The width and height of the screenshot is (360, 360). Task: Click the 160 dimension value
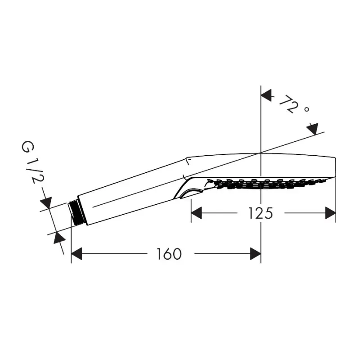pyautogui.click(x=169, y=254)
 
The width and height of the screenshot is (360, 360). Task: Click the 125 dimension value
pyautogui.click(x=261, y=213)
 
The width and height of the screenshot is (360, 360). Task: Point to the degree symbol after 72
pyautogui.click(x=306, y=109)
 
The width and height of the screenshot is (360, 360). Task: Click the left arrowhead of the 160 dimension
pyautogui.click(x=76, y=254)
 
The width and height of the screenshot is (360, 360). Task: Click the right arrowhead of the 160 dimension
pyautogui.click(x=256, y=254)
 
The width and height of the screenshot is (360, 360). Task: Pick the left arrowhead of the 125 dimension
pyautogui.click(x=197, y=213)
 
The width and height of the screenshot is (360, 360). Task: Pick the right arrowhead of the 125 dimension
pyautogui.click(x=331, y=213)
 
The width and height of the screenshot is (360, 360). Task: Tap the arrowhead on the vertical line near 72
pyautogui.click(x=266, y=95)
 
